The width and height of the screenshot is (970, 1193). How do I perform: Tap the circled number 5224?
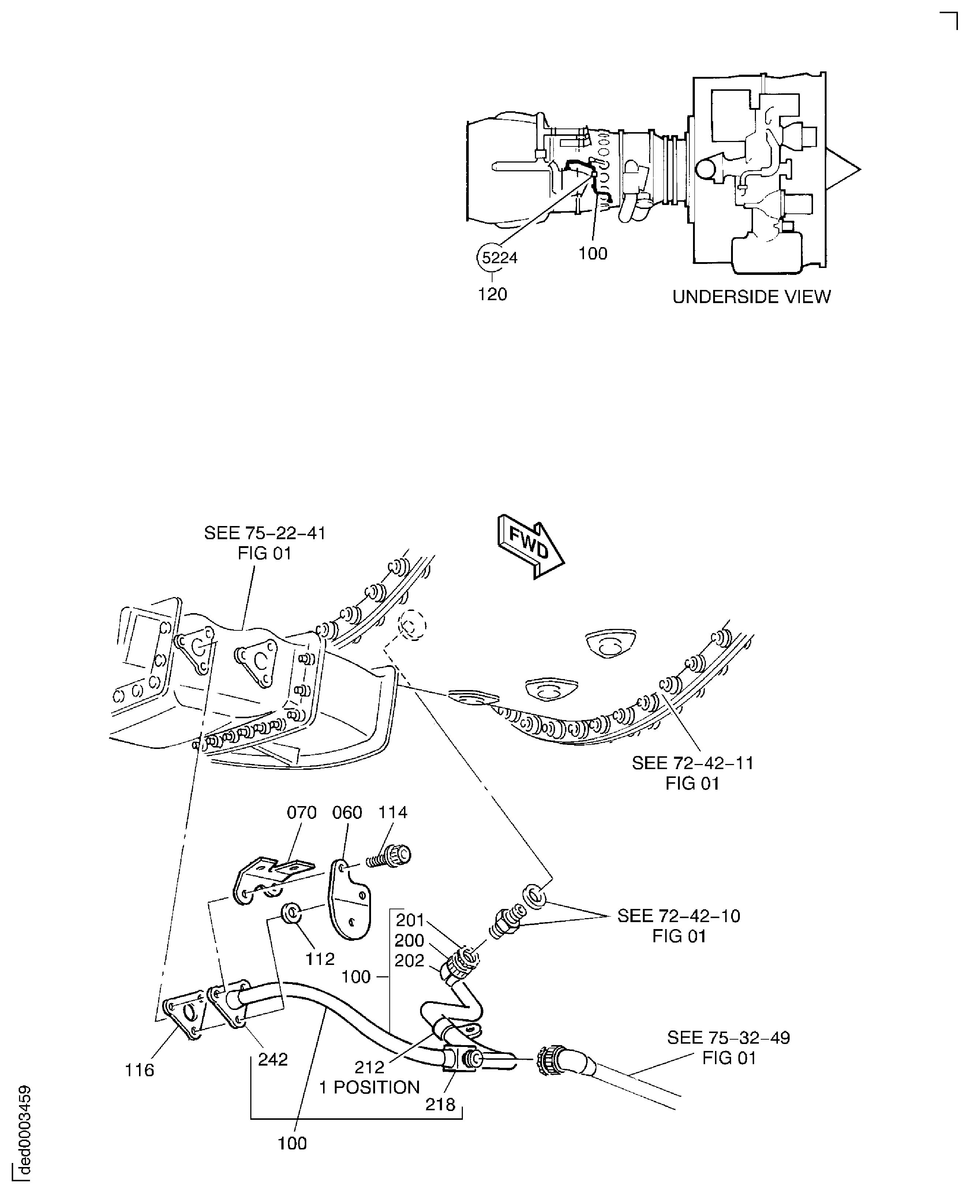[x=499, y=258]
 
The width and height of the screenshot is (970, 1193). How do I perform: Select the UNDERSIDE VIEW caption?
[x=751, y=297]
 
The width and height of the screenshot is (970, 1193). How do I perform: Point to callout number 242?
[x=273, y=1059]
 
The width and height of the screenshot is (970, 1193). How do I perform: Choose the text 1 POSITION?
[x=369, y=1087]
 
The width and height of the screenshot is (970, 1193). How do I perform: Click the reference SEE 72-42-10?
[x=678, y=916]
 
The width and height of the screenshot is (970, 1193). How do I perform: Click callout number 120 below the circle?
[x=492, y=294]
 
